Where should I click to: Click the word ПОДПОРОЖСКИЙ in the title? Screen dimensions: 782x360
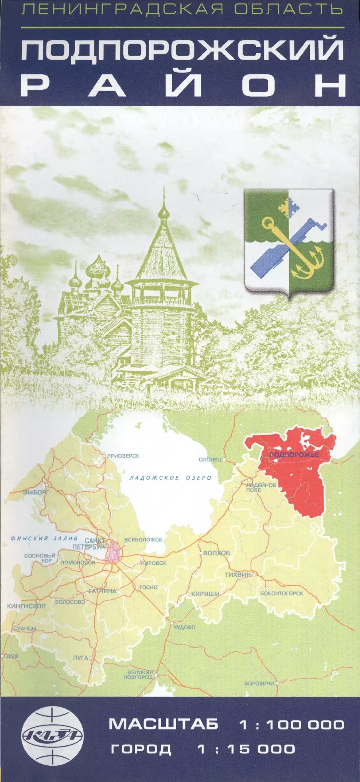tap(183, 49)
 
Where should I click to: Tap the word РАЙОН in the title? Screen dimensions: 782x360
tap(183, 85)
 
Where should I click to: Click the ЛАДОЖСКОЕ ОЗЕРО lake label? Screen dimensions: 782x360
tap(170, 478)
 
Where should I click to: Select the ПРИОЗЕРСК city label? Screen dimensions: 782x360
tap(123, 456)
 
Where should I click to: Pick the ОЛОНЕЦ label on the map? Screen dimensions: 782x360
tap(210, 459)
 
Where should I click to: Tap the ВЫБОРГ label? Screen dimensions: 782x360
tap(36, 492)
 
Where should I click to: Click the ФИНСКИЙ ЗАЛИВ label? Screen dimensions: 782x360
tap(44, 538)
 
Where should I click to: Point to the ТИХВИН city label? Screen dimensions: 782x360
tap(238, 575)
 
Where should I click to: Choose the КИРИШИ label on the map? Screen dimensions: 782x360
tap(205, 594)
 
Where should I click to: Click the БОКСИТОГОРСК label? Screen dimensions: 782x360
tap(282, 593)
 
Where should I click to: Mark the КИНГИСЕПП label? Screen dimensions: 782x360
tap(26, 606)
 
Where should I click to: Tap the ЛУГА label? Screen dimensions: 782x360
tap(80, 658)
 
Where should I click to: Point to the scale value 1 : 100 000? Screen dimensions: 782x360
tap(292, 724)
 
